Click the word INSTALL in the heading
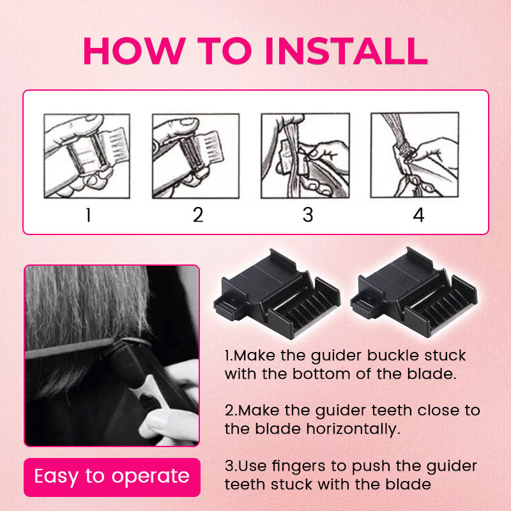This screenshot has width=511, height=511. pyautogui.click(x=346, y=51)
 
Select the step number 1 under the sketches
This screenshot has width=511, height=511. pyautogui.click(x=88, y=215)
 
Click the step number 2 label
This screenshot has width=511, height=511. pyautogui.click(x=198, y=215)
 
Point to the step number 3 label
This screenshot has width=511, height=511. pyautogui.click(x=308, y=215)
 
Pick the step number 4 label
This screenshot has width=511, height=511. pyautogui.click(x=419, y=215)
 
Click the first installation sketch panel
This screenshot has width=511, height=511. pyautogui.click(x=87, y=156)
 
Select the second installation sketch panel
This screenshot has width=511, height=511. pyautogui.click(x=196, y=156)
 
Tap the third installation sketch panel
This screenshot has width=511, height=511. pyautogui.click(x=305, y=156)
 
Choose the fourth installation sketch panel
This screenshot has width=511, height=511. pyautogui.click(x=415, y=155)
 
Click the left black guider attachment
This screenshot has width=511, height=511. pyautogui.click(x=277, y=295)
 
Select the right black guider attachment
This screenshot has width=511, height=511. pyautogui.click(x=414, y=293)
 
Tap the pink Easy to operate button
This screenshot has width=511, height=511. pyautogui.click(x=112, y=477)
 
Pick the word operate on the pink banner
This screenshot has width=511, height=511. pyautogui.click(x=150, y=477)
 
